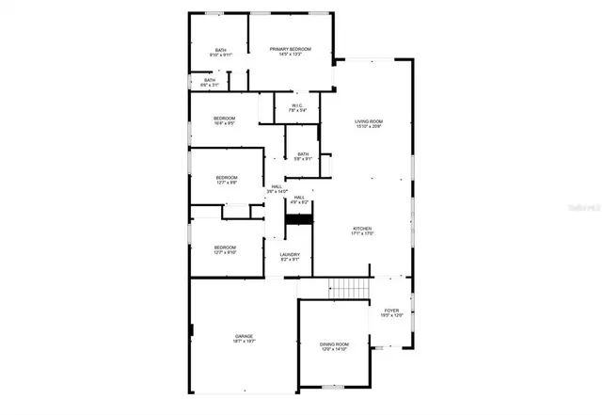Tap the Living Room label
coord(369,122)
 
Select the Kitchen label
coord(363,229)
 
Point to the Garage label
coord(244,336)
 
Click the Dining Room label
coord(336,345)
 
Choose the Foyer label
coord(391,311)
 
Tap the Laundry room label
coord(290,255)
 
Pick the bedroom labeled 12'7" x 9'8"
coord(226,179)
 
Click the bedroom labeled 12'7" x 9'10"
coord(226,247)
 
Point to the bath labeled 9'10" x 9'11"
coord(220,52)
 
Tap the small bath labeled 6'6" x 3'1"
coord(210,82)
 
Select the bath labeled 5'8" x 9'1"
coord(303,156)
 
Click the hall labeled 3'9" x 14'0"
coord(277,188)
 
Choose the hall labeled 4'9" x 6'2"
coord(299,199)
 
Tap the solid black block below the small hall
coord(298,219)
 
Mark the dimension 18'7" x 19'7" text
coord(244,342)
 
